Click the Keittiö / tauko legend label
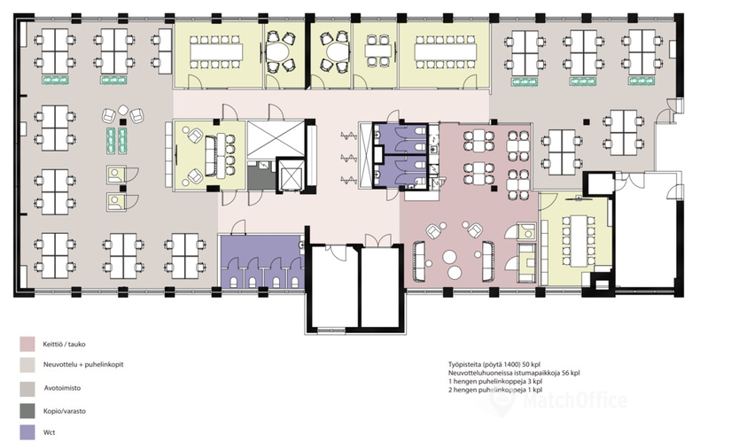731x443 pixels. (x=65, y=345)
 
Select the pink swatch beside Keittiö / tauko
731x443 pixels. (x=27, y=344)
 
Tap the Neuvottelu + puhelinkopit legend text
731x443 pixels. (x=83, y=365)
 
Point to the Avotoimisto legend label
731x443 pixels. (x=63, y=388)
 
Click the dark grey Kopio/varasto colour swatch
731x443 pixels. (x=27, y=411)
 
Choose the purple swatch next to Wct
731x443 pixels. (x=27, y=432)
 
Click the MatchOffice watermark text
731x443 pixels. (x=575, y=400)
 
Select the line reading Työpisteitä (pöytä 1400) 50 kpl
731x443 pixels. (x=494, y=364)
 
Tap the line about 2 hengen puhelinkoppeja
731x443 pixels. (x=495, y=390)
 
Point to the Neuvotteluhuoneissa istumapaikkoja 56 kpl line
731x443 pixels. (x=514, y=373)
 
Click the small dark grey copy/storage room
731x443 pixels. (x=261, y=175)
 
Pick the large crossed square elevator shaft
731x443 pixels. (x=275, y=139)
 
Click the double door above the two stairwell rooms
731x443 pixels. (x=378, y=240)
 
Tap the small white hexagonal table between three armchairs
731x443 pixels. (x=123, y=110)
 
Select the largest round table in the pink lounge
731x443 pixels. (x=450, y=257)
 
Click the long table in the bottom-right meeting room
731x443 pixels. (x=578, y=240)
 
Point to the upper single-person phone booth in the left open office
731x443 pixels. (x=116, y=175)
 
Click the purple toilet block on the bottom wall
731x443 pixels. (x=261, y=261)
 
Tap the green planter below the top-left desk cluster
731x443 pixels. (x=56, y=81)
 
